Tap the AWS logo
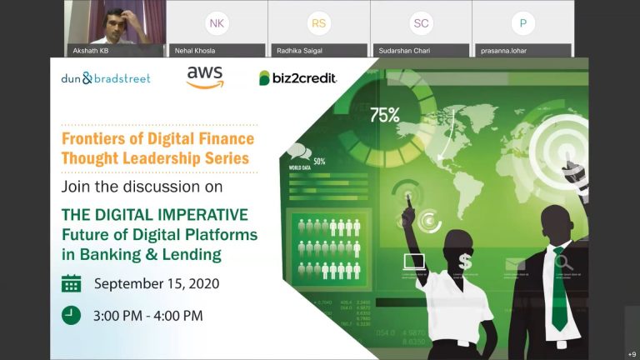[204, 77]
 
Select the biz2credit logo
[297, 77]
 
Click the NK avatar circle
[217, 23]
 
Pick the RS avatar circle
[318, 23]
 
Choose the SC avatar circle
[421, 23]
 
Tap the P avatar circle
[522, 23]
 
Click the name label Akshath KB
[92, 51]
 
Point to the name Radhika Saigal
[300, 51]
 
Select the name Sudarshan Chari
[404, 51]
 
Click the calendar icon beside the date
[72, 283]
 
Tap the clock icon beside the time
[72, 315]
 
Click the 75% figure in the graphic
[384, 115]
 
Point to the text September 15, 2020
[157, 283]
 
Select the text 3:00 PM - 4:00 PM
[148, 315]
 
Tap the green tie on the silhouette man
[558, 287]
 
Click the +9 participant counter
[632, 352]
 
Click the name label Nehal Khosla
[194, 51]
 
